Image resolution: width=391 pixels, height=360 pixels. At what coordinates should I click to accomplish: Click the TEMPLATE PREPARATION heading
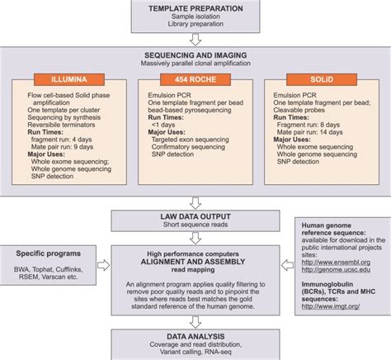tap(195, 7)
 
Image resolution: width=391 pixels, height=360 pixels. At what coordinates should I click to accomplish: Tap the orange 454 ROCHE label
tap(194, 79)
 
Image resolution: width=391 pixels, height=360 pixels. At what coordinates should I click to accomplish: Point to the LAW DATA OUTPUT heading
tap(195, 216)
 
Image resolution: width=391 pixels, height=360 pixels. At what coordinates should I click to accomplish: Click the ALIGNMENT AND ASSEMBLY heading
tap(195, 258)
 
